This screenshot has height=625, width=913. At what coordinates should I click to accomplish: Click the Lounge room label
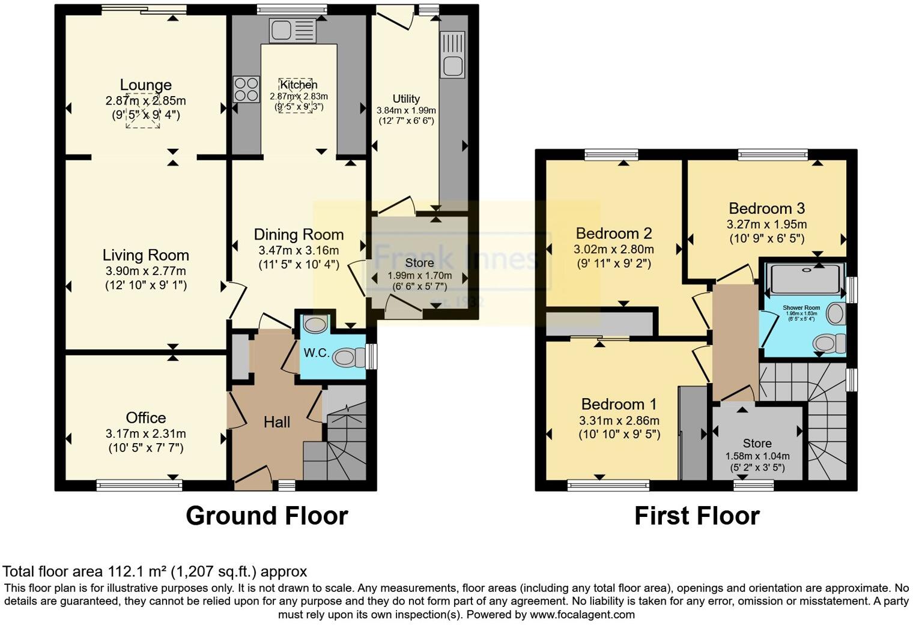[x=145, y=85]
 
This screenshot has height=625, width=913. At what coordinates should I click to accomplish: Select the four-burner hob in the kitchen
[x=246, y=89]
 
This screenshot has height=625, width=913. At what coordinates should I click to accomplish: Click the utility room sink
[x=452, y=55]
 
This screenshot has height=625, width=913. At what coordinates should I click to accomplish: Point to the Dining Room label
[x=299, y=234]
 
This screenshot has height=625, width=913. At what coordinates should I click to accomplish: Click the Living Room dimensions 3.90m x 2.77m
[x=145, y=271]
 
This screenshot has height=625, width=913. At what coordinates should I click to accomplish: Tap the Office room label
[x=145, y=417]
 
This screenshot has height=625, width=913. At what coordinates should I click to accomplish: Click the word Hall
[x=277, y=422]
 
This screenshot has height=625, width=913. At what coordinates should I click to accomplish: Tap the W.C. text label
[x=316, y=353]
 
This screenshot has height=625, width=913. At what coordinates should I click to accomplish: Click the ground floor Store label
[x=419, y=263]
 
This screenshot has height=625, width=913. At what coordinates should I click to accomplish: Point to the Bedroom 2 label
[x=614, y=233]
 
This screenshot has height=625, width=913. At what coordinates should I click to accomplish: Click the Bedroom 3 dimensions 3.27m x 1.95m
[x=766, y=225]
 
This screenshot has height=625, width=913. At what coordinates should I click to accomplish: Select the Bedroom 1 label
[x=619, y=403]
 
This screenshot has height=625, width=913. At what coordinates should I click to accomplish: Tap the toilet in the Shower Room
[x=828, y=344]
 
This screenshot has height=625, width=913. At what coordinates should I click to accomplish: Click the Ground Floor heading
[x=267, y=516]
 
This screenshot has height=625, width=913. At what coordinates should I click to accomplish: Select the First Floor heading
[x=697, y=516]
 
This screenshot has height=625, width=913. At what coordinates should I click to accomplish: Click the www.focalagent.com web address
[x=582, y=614]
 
